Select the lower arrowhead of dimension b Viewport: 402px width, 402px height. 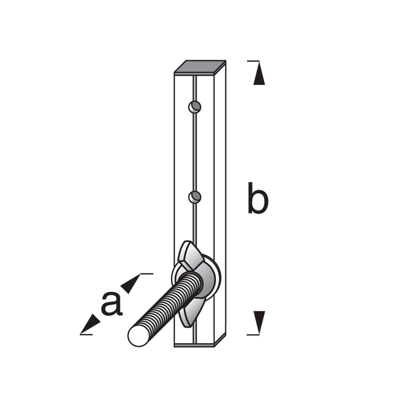[259, 321]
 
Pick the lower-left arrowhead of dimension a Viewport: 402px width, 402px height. [90, 325]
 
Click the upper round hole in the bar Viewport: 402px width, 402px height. [194, 107]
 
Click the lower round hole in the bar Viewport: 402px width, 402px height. [194, 196]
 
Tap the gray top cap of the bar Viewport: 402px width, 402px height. [199, 67]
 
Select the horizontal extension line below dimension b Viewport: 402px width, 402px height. [252, 335]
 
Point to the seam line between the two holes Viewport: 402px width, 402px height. [194, 151]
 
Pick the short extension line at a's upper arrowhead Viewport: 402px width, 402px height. [146, 273]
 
